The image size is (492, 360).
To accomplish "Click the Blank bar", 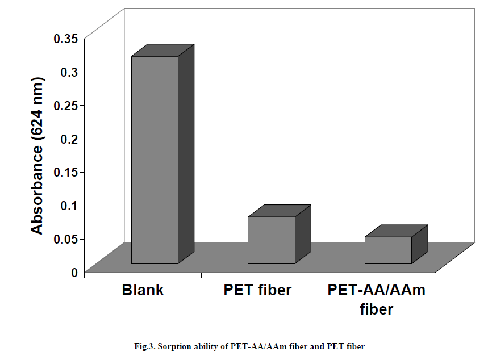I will [x=155, y=160].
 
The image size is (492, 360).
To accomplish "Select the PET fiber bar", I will [x=271, y=240].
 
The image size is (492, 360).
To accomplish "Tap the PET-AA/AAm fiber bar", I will [x=387, y=250].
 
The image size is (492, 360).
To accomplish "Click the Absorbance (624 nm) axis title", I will [x=37, y=154].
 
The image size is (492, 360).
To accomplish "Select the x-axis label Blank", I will [x=143, y=290].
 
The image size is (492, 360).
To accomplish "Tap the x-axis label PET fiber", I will [x=257, y=290].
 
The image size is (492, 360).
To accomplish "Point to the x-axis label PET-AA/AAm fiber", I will [x=376, y=300].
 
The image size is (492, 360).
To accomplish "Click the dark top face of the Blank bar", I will [x=163, y=50].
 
